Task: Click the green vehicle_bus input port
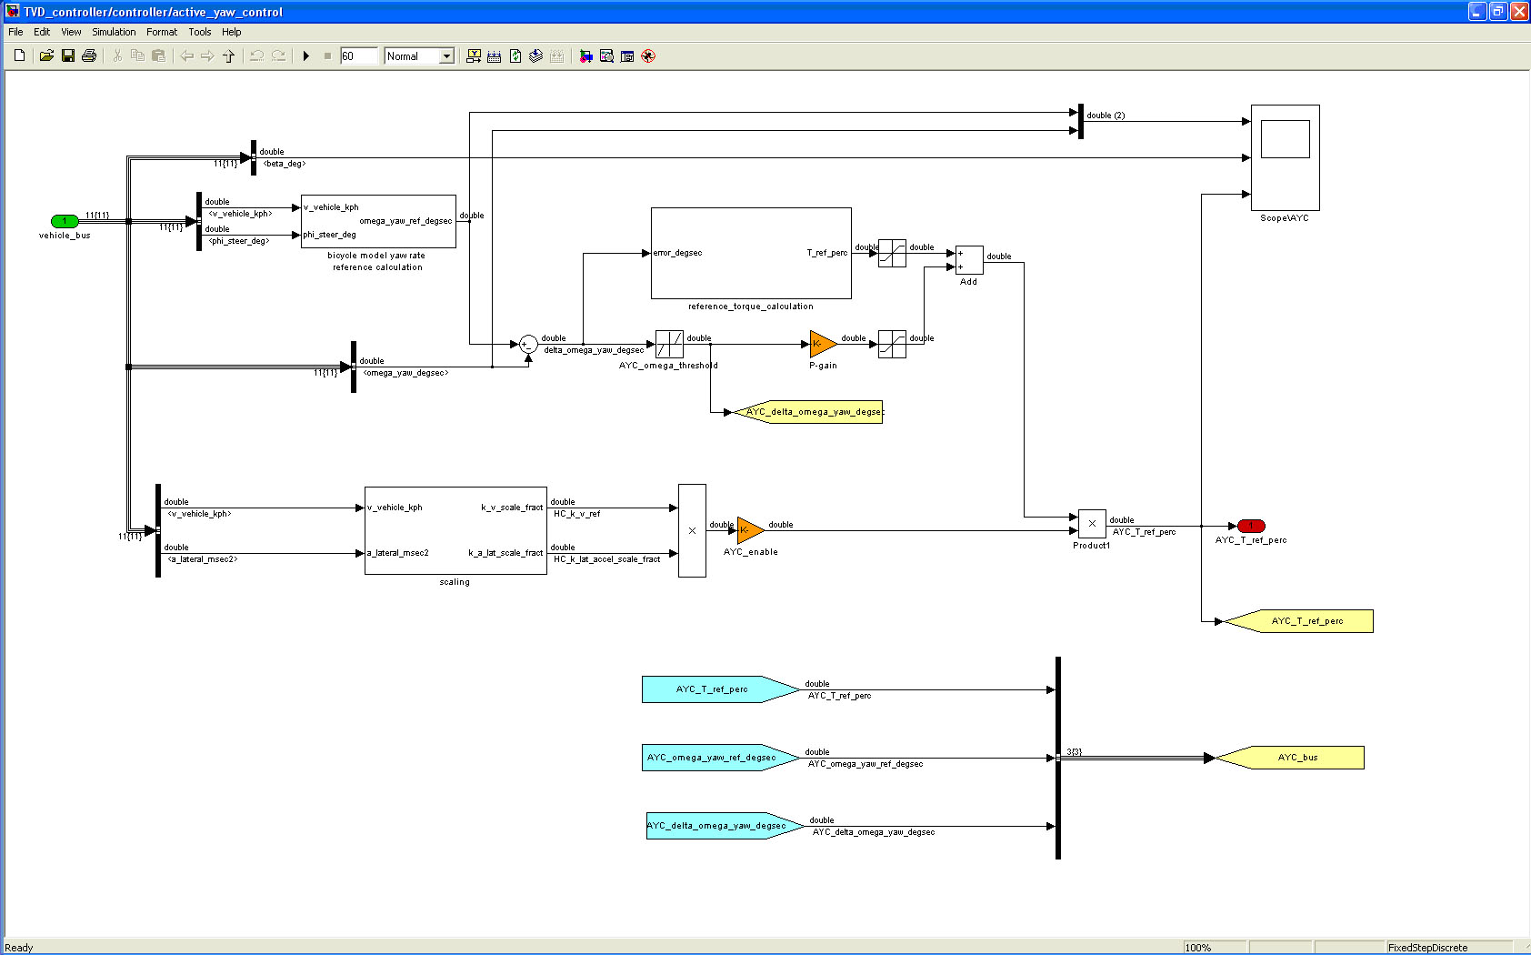(x=65, y=221)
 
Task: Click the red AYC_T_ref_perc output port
(x=1251, y=526)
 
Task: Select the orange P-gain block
(x=822, y=344)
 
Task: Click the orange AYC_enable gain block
(x=749, y=530)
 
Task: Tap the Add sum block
(x=969, y=260)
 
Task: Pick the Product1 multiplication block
(x=1092, y=524)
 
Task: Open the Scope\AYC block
(x=1285, y=157)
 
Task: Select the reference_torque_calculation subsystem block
(x=751, y=253)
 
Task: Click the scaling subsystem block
(x=455, y=530)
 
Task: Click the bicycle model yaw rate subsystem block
(x=378, y=221)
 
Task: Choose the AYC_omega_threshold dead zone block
(x=669, y=344)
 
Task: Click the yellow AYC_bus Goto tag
(x=1291, y=758)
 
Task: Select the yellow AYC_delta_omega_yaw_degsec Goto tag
(x=810, y=412)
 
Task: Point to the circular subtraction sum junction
(x=528, y=344)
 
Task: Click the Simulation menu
(x=114, y=32)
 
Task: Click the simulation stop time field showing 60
(x=358, y=56)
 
